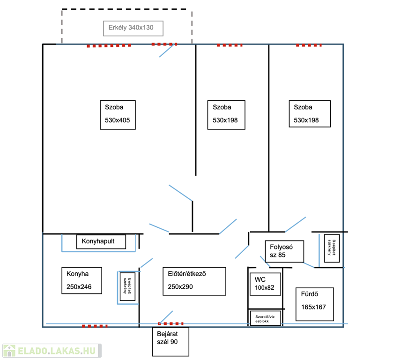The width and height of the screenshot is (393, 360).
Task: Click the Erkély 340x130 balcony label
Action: click(133, 28)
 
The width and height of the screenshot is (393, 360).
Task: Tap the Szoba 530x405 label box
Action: click(117, 115)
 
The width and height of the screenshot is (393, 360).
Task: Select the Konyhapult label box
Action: click(102, 242)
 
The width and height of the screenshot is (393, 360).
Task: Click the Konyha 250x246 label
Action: click(82, 280)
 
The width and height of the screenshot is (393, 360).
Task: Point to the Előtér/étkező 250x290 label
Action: click(194, 281)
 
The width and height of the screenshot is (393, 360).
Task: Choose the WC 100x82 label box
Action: click(265, 284)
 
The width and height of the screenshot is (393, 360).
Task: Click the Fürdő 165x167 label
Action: click(314, 304)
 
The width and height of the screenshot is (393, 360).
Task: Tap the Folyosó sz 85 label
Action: click(284, 251)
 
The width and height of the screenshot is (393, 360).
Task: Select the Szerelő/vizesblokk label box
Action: click(265, 318)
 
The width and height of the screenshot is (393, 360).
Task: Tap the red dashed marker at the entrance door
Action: click(171, 324)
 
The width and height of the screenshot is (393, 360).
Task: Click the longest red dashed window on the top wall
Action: click(109, 46)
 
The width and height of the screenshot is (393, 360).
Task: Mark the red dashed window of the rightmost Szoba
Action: click(309, 45)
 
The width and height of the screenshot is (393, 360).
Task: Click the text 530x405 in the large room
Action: click(117, 120)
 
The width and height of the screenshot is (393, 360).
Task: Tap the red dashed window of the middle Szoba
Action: click(230, 45)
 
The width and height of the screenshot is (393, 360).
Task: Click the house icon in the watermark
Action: click(9, 350)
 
